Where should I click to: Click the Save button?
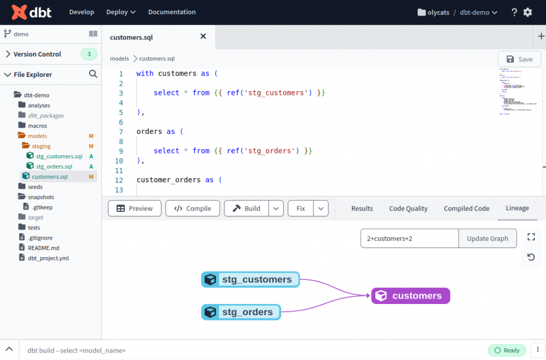(x=519, y=59)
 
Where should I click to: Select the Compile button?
(x=192, y=209)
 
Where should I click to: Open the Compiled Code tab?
(x=466, y=209)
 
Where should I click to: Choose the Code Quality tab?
(x=408, y=209)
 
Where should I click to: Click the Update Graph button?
(x=487, y=238)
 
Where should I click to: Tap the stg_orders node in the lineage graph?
(x=241, y=312)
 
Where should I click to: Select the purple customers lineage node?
(x=411, y=296)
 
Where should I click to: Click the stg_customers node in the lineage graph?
(x=251, y=279)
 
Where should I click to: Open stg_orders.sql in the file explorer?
(x=54, y=166)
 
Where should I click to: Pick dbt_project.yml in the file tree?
(x=48, y=258)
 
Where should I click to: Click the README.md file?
(x=44, y=248)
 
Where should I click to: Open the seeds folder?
(x=35, y=187)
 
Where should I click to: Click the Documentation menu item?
(x=172, y=12)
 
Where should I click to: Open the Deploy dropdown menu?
(x=121, y=12)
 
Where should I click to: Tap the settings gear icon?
(x=527, y=12)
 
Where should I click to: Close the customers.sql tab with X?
(x=203, y=36)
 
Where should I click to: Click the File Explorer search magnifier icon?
(x=93, y=74)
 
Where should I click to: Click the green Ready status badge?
(x=507, y=350)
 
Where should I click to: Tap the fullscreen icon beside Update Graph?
(x=531, y=237)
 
